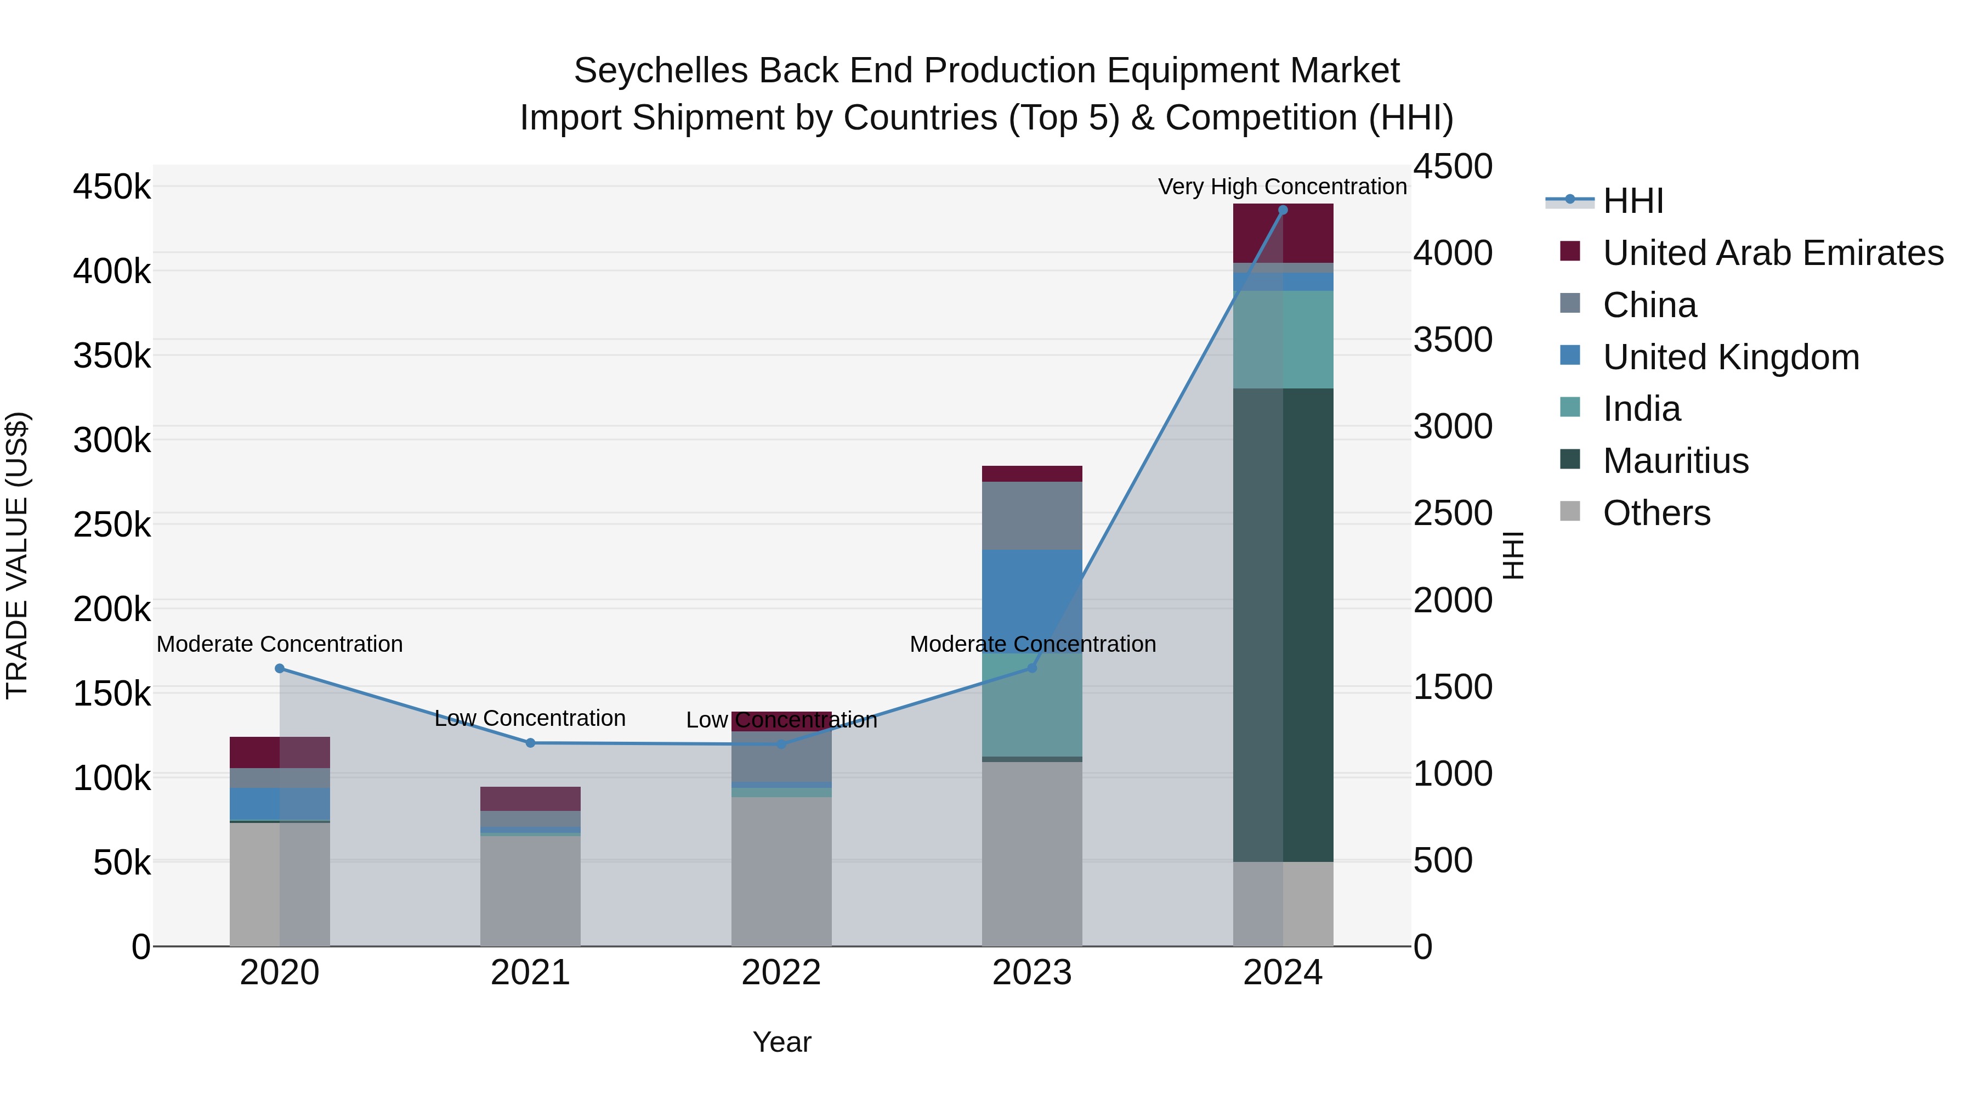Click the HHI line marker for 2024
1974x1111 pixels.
click(1283, 210)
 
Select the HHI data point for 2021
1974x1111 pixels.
click(530, 743)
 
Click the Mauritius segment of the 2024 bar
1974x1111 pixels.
click(1283, 625)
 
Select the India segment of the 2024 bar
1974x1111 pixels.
click(1283, 339)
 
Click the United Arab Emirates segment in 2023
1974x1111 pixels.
click(1031, 474)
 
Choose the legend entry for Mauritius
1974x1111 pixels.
click(1675, 461)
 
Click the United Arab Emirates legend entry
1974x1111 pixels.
click(1772, 253)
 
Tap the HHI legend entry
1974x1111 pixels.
click(1632, 201)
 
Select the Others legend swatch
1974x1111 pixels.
click(1570, 511)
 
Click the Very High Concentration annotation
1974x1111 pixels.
click(1282, 187)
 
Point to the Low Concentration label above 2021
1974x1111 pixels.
click(530, 718)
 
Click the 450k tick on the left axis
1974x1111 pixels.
click(112, 187)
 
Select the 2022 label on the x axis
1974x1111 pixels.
click(781, 973)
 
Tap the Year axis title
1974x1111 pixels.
click(781, 1042)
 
